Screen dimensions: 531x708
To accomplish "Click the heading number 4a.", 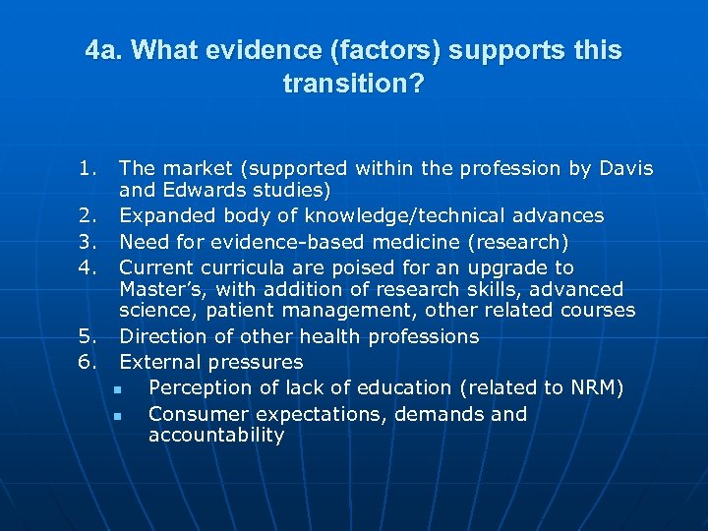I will (x=103, y=50).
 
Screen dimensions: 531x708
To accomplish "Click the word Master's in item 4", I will (x=157, y=289).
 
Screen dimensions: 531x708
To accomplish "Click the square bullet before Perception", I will (x=116, y=389).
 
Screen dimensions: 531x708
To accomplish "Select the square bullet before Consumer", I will (x=116, y=416).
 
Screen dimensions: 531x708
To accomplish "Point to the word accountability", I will (x=216, y=436).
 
